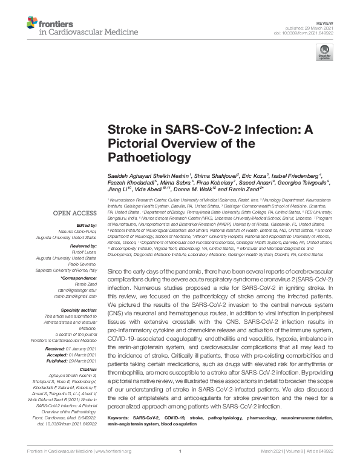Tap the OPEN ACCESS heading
75,214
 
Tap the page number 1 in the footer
180,467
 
